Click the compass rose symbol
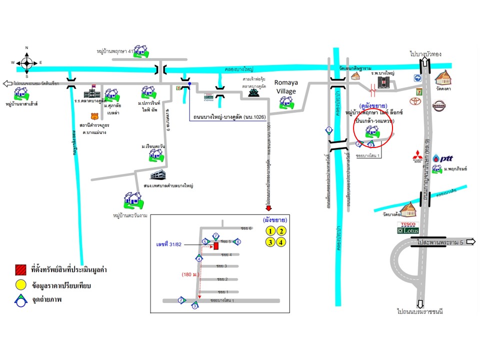pos(27,62)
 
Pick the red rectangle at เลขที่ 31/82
pos(216,246)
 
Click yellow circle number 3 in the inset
pos(270,242)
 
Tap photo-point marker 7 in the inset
pos(216,235)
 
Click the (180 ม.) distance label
pos(191,274)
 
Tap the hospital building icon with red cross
pos(383,82)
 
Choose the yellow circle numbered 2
pos(282,231)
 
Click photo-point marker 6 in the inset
pos(238,242)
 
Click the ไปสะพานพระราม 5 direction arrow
pos(470,242)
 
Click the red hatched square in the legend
pos(20,270)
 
